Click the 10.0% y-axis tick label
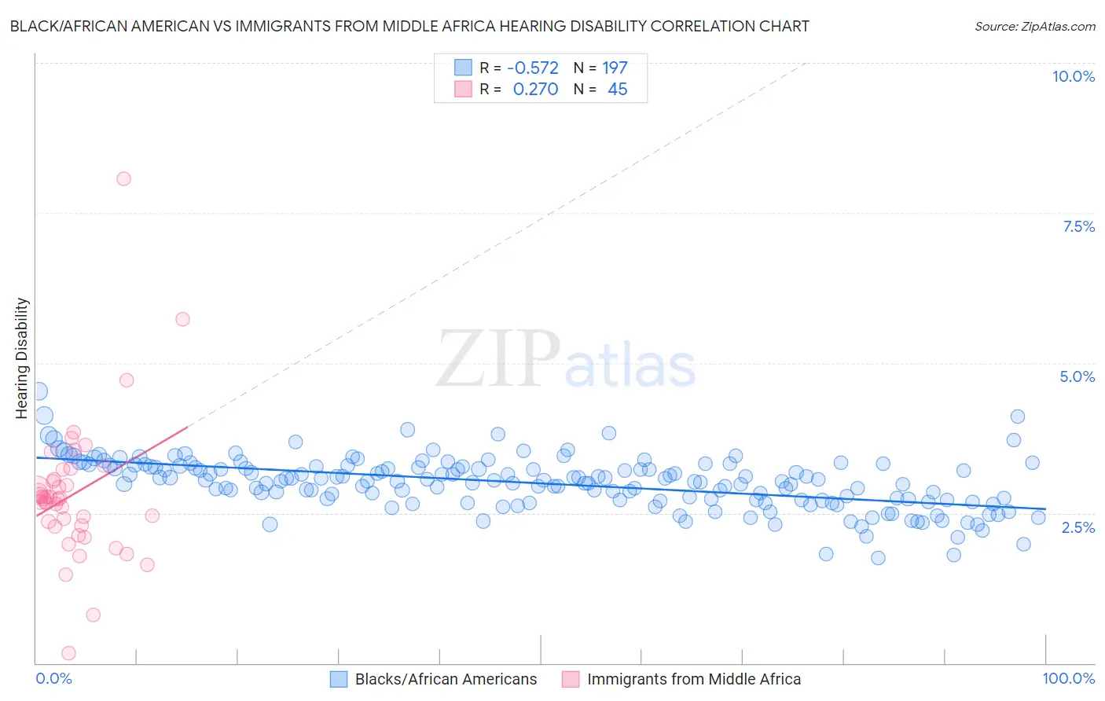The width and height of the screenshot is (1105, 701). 1073,76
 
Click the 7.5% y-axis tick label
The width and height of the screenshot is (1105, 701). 1078,226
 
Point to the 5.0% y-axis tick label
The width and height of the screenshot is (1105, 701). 1077,376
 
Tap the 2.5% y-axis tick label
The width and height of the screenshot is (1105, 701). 1077,527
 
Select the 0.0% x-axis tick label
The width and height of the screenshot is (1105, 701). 53,678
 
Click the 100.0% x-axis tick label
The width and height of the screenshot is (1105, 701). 1068,678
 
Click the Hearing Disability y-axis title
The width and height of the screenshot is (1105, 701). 22,358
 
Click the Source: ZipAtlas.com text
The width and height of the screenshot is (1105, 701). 1034,27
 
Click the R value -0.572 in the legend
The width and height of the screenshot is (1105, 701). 532,68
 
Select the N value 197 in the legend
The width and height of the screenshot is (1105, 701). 615,68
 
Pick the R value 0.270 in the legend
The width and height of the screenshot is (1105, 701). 535,89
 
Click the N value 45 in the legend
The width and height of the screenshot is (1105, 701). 618,89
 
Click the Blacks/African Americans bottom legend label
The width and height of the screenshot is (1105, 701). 446,679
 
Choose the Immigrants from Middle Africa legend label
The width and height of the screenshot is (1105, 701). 694,679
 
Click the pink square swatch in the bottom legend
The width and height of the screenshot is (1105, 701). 571,679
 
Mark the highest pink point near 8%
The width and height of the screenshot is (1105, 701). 123,178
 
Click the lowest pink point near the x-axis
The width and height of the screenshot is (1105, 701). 68,653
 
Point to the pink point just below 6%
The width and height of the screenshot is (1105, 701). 182,319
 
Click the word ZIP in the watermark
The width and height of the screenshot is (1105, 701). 498,360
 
